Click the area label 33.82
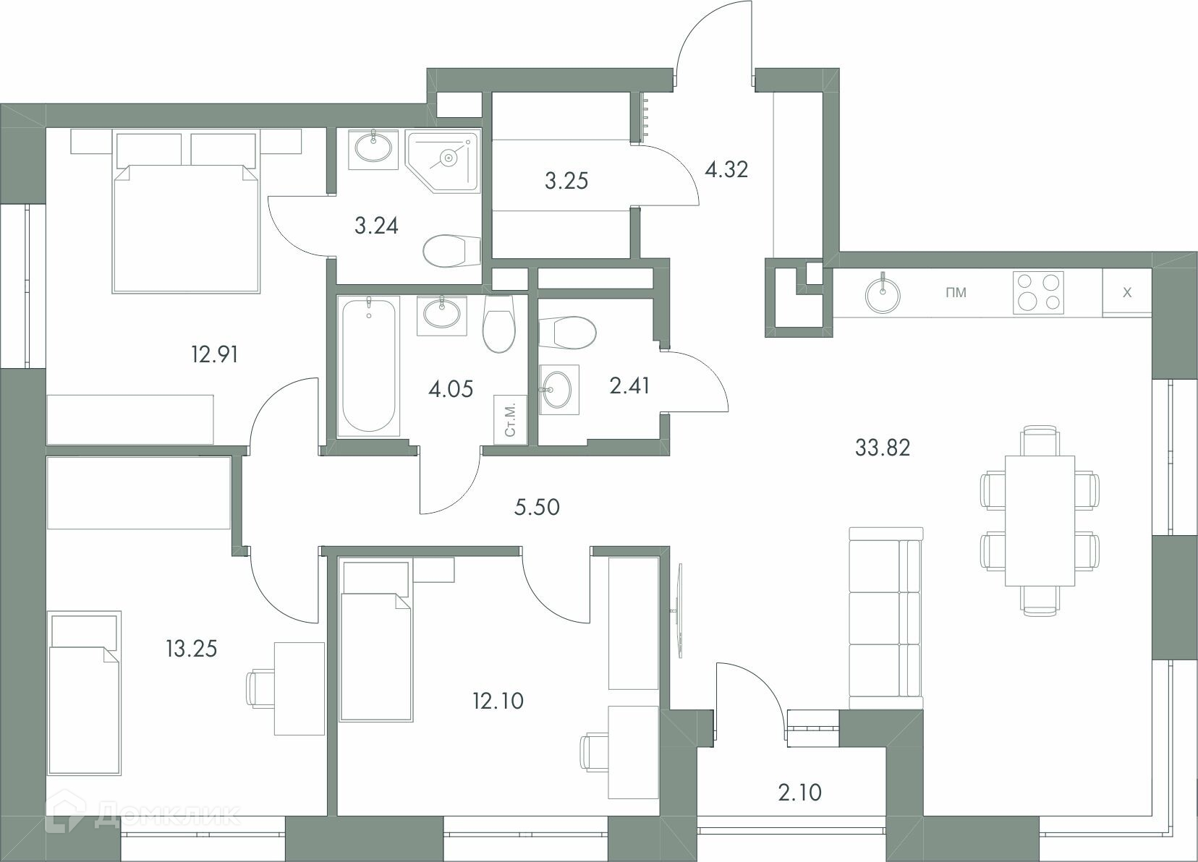click(x=883, y=448)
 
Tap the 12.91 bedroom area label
click(x=214, y=354)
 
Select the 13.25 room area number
click(x=192, y=649)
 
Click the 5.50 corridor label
click(x=537, y=507)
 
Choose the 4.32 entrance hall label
click(x=726, y=169)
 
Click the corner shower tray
click(x=441, y=161)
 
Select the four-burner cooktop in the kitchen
click(x=1038, y=292)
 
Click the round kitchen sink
click(x=883, y=294)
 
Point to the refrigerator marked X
click(x=1127, y=292)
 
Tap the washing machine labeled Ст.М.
click(x=510, y=419)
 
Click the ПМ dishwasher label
click(x=956, y=292)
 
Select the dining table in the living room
click(x=1040, y=521)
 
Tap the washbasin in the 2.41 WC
click(x=559, y=390)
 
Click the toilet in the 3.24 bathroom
click(x=452, y=250)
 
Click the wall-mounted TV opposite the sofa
click(x=680, y=610)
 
